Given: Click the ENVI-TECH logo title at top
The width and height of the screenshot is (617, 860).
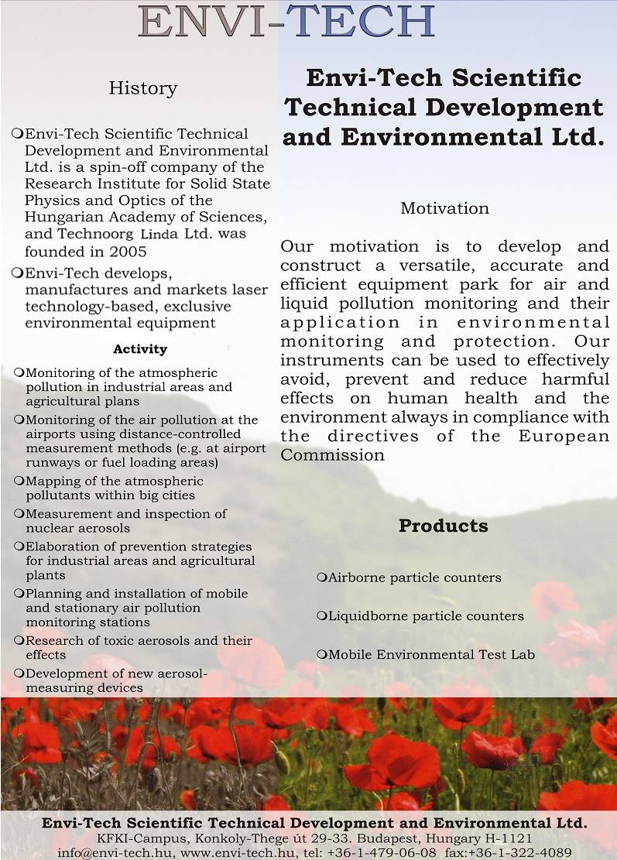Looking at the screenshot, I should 287,22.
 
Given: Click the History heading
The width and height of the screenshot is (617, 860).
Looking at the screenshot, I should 143,88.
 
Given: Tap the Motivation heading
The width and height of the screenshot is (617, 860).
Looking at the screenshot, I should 444,208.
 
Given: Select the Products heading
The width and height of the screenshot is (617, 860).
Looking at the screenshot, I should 443,526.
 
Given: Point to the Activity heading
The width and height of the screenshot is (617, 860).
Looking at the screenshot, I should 140,349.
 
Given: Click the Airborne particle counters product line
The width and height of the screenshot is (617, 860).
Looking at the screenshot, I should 414,577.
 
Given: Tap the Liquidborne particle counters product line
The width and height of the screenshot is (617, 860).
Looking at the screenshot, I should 426,616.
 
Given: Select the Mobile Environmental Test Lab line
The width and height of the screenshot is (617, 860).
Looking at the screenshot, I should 431,655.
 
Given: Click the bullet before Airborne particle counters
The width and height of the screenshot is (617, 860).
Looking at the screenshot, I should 321,577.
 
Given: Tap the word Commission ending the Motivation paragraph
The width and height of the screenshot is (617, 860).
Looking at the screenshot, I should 332,455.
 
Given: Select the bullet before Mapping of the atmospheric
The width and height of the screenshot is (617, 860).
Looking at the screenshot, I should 19,481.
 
